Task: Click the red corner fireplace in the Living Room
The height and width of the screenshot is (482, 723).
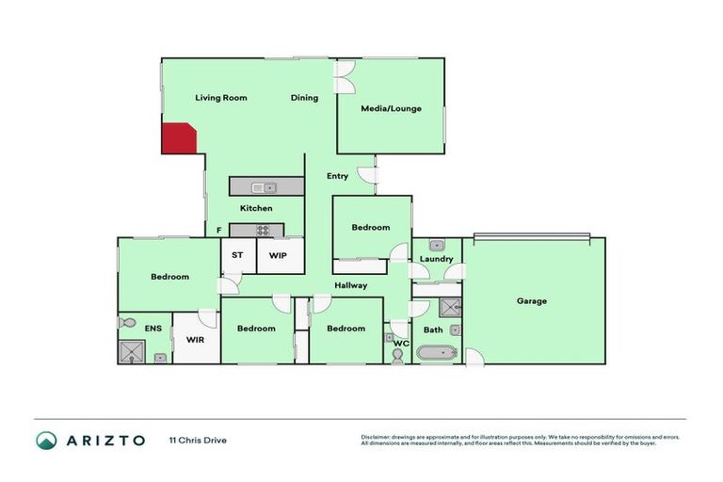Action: (x=177, y=139)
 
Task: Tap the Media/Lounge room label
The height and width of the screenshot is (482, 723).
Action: (x=391, y=108)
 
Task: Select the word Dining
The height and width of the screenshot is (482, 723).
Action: (x=304, y=98)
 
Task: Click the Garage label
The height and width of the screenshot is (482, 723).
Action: (x=531, y=301)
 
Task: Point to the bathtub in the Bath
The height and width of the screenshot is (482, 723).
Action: (x=436, y=354)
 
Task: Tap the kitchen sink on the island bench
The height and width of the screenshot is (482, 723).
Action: (x=268, y=187)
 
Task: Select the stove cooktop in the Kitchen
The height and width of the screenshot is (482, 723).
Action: (x=264, y=229)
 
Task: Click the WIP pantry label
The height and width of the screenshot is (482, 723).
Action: (x=278, y=255)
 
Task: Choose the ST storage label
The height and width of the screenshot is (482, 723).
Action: (x=237, y=255)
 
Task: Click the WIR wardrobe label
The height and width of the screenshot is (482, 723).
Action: (x=195, y=339)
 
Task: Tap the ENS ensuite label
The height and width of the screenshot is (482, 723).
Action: (x=153, y=329)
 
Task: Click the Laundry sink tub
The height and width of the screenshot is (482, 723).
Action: (x=436, y=246)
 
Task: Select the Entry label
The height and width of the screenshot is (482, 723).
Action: (x=337, y=176)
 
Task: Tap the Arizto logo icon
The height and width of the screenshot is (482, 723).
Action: (x=45, y=440)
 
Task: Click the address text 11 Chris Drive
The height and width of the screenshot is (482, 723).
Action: (x=198, y=440)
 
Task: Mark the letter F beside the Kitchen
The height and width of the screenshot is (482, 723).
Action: (x=218, y=230)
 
